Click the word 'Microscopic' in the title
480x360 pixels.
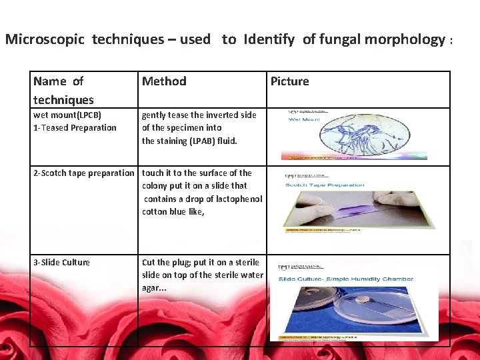pyautogui.click(x=45, y=39)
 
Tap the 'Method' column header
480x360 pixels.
pyautogui.click(x=164, y=81)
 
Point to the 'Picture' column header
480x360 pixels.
pyautogui.click(x=289, y=81)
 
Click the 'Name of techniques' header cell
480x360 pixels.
pyautogui.click(x=63, y=90)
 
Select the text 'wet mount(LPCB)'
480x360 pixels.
pyautogui.click(x=67, y=115)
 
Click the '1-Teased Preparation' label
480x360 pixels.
pyautogui.click(x=75, y=128)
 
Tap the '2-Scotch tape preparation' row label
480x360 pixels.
pyautogui.click(x=84, y=173)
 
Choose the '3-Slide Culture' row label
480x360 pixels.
pyautogui.click(x=61, y=263)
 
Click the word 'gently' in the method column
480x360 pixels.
pyautogui.click(x=153, y=115)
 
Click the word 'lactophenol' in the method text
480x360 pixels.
pyautogui.click(x=239, y=199)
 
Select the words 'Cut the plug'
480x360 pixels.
pyautogui.click(x=166, y=263)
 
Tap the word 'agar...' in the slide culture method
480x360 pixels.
pyautogui.click(x=154, y=288)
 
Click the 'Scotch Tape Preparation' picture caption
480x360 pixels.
pyautogui.click(x=325, y=185)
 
